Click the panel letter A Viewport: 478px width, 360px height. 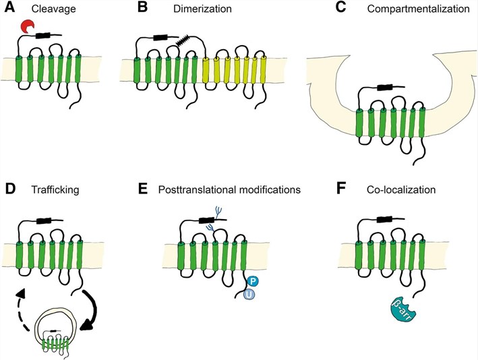[x=8, y=9]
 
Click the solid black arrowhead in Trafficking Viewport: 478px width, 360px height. [x=86, y=328]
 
